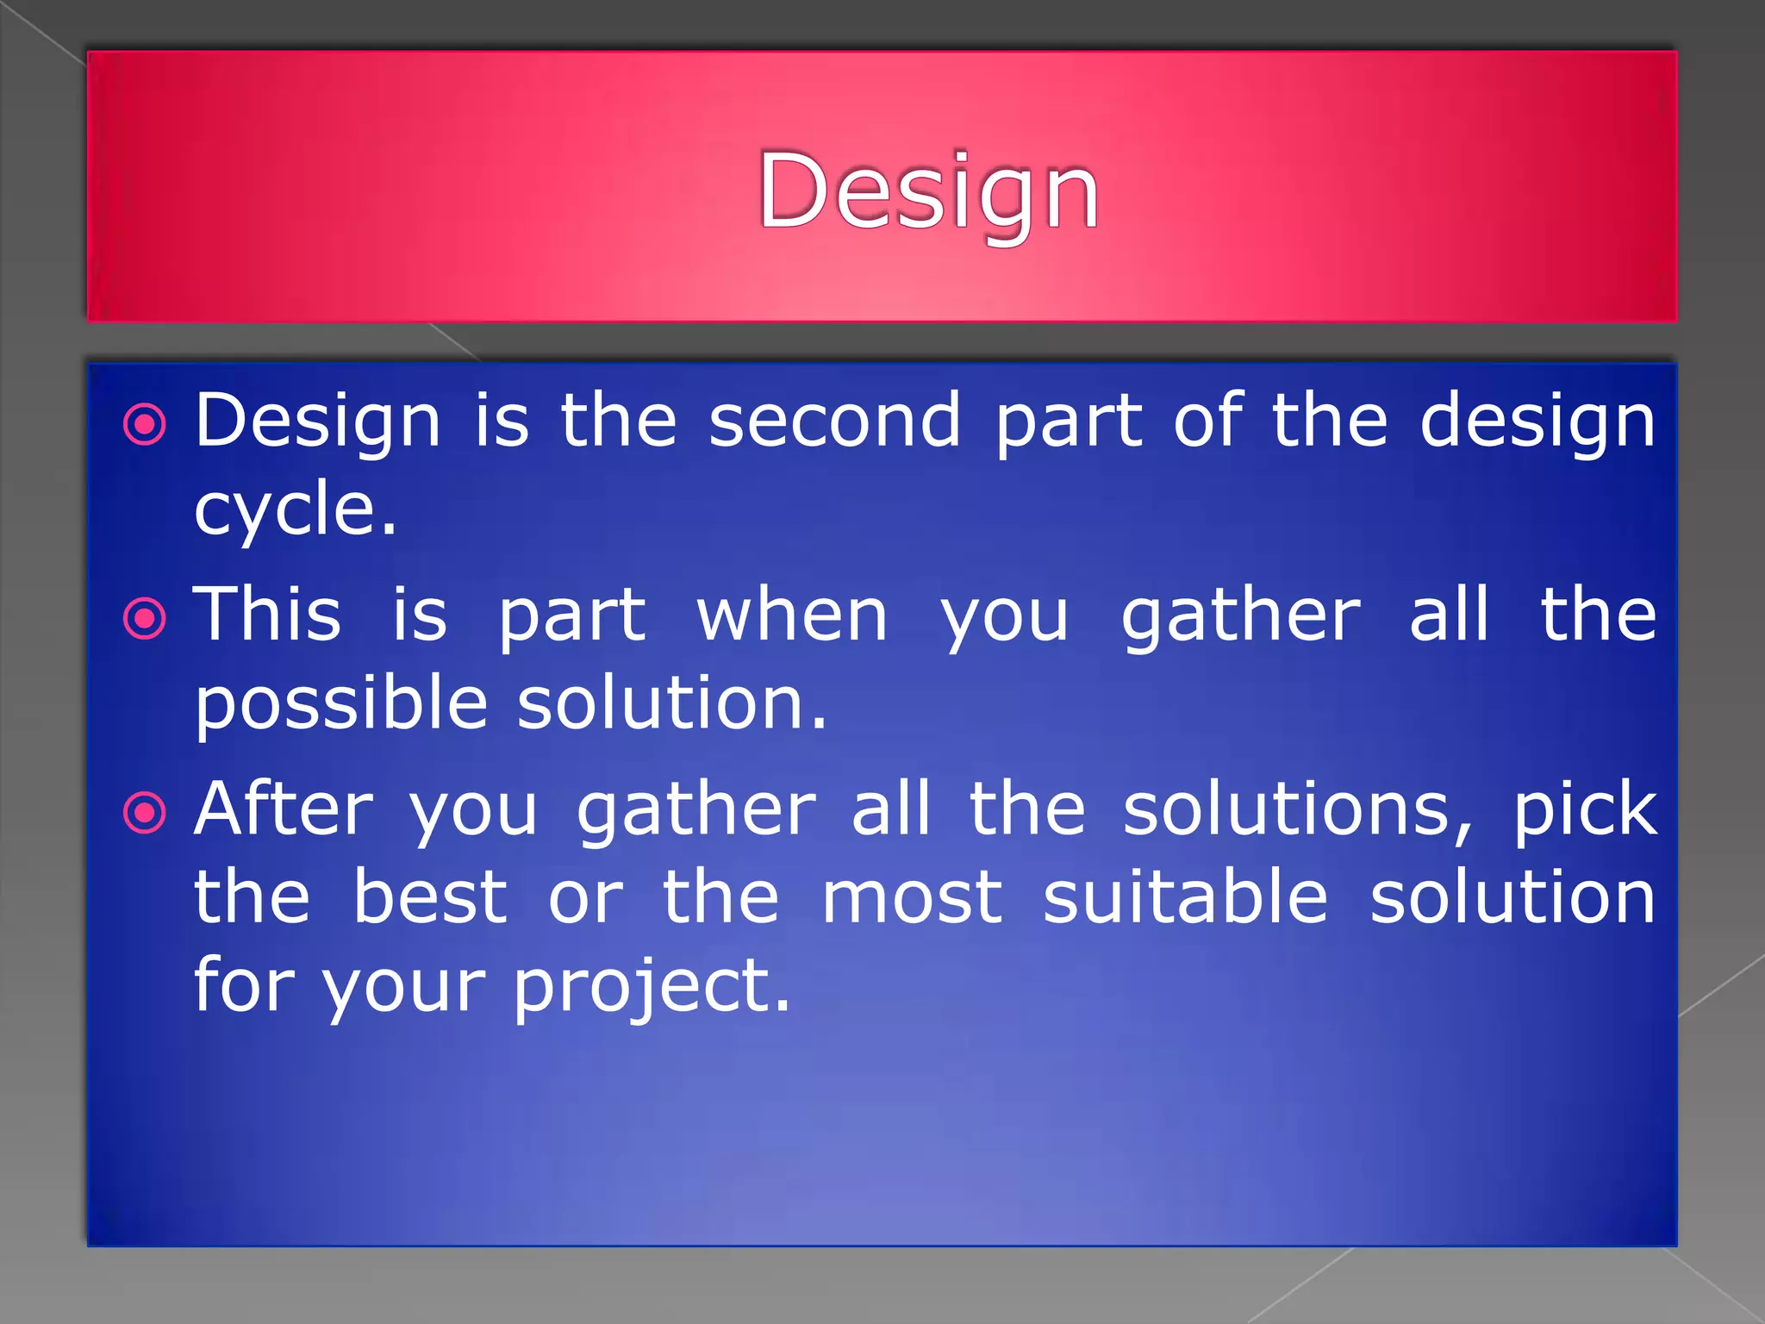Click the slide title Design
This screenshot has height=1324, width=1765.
tap(928, 191)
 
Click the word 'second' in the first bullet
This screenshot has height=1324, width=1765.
tap(834, 421)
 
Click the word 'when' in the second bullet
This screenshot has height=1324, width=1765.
tap(792, 615)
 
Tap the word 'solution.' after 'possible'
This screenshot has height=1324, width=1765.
tap(671, 703)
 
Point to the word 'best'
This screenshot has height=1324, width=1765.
tap(430, 897)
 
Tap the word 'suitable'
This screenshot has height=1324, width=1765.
tap(1185, 897)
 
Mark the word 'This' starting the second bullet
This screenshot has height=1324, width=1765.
tap(267, 615)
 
